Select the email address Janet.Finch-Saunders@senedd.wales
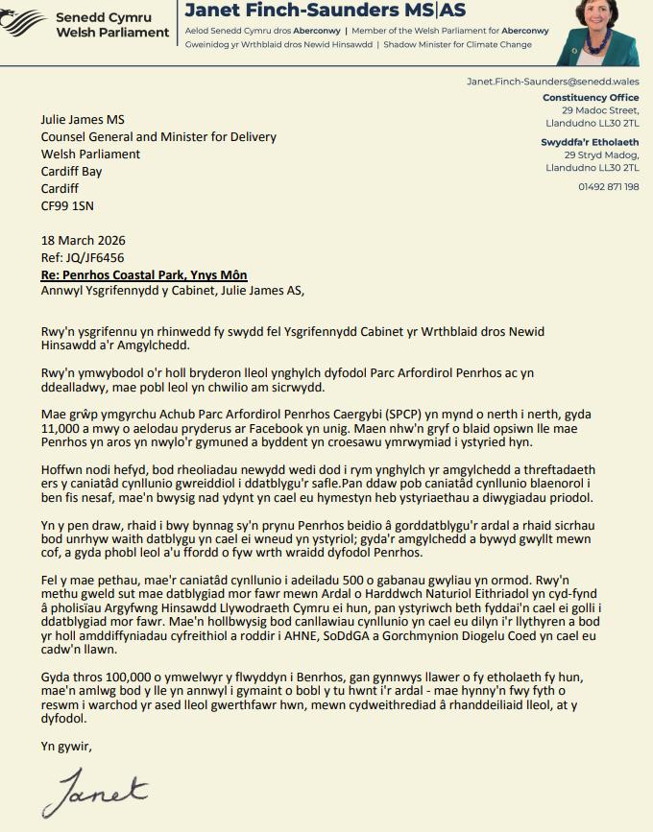tap(552, 83)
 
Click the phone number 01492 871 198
tap(609, 186)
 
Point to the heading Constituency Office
tap(591, 98)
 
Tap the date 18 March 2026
tap(83, 240)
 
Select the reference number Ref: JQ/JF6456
tap(83, 257)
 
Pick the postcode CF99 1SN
tap(67, 205)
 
